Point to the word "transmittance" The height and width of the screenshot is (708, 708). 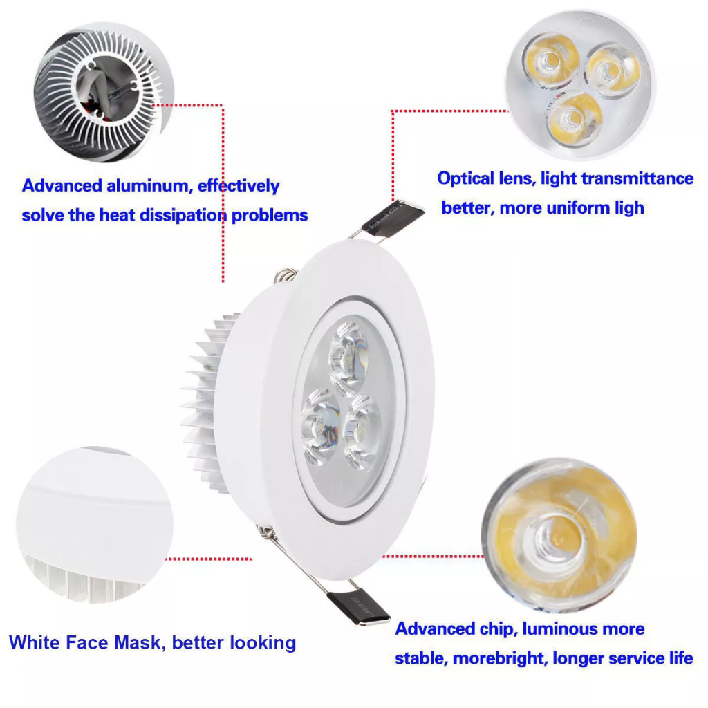coord(637,178)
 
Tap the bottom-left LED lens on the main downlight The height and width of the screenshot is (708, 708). coord(320,427)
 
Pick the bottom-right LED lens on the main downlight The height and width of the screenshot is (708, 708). coord(361,432)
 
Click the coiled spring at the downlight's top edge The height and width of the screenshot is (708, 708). coord(286,275)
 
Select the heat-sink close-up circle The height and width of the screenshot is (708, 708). coord(104,93)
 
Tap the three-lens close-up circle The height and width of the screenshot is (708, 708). coord(580,85)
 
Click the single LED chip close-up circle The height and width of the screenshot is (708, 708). coord(559,536)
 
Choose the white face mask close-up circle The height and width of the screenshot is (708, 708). coord(95,525)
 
